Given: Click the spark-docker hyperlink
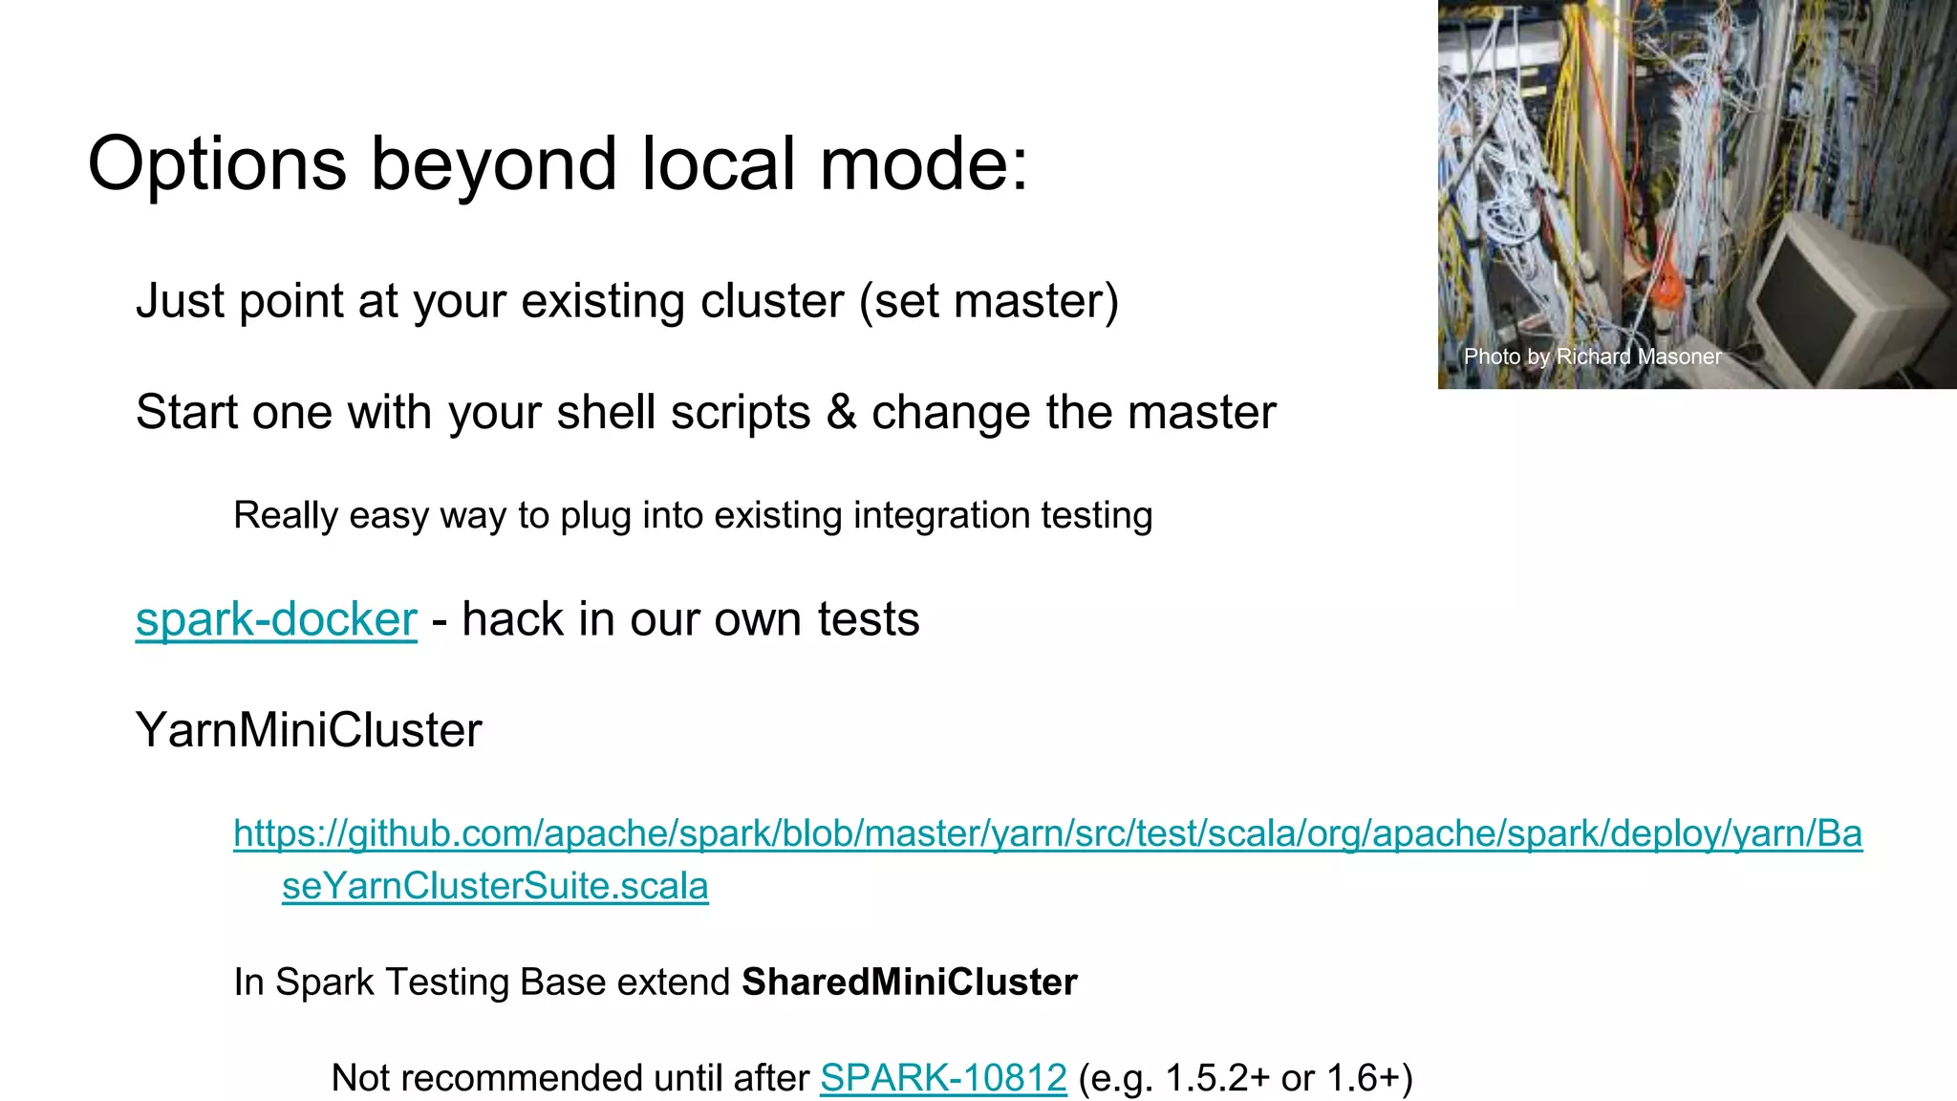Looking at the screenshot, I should pyautogui.click(x=276, y=619).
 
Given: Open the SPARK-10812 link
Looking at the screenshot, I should pyautogui.click(x=943, y=1078).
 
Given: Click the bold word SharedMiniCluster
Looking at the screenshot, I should pyautogui.click(x=909, y=982).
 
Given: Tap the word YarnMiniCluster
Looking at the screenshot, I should pyautogui.click(x=309, y=730).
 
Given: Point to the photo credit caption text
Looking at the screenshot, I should pyautogui.click(x=1592, y=356).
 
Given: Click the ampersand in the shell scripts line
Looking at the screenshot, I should pyautogui.click(x=841, y=413).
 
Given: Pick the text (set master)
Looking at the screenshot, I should pyautogui.click(x=988, y=301).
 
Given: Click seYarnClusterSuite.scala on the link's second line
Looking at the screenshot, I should pyautogui.click(x=495, y=886).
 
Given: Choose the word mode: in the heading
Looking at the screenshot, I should pyautogui.click(x=923, y=164).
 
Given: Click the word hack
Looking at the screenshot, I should pyautogui.click(x=512, y=619).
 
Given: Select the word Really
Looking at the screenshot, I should pyautogui.click(x=286, y=516).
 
